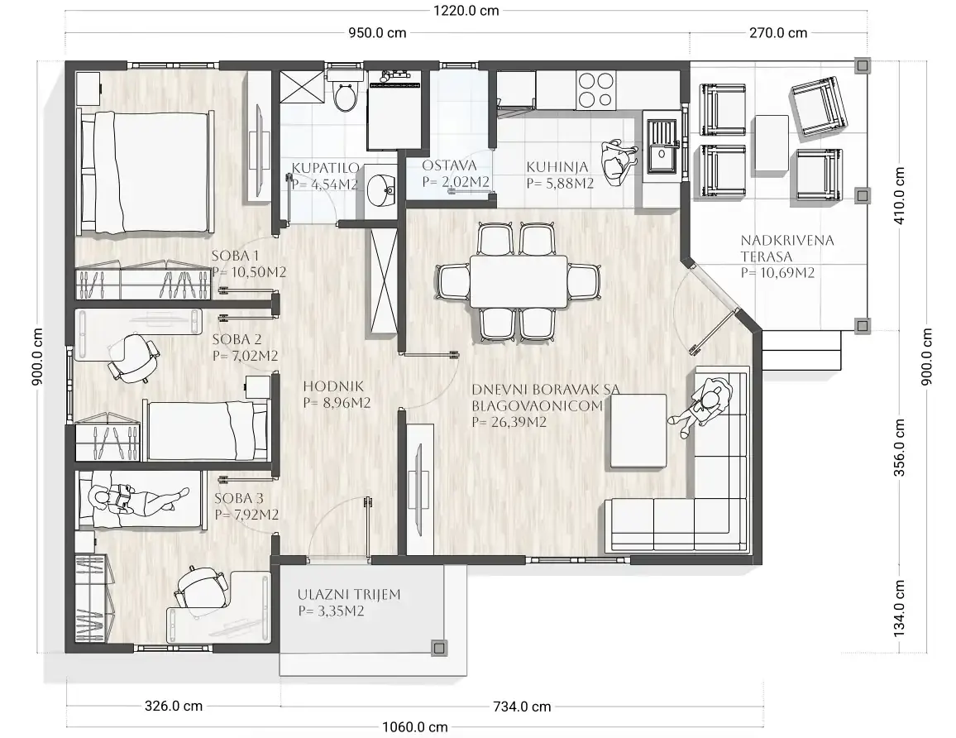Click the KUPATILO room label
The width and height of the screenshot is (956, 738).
[325, 168]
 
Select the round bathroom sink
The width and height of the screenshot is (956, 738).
[382, 187]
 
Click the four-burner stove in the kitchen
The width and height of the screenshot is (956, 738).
[595, 89]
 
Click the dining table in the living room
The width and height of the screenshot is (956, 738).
[519, 281]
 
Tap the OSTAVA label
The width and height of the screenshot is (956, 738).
[449, 165]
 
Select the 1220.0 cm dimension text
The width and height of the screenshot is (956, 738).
[466, 11]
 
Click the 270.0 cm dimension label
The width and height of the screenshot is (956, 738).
[778, 33]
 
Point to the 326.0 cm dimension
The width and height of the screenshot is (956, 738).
[173, 706]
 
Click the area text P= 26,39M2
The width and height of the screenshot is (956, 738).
[509, 422]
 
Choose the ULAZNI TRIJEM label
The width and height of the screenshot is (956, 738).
[349, 594]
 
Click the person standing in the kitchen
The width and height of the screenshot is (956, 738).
[617, 161]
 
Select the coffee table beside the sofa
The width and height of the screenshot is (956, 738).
[637, 431]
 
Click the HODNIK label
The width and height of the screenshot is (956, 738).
[333, 386]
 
